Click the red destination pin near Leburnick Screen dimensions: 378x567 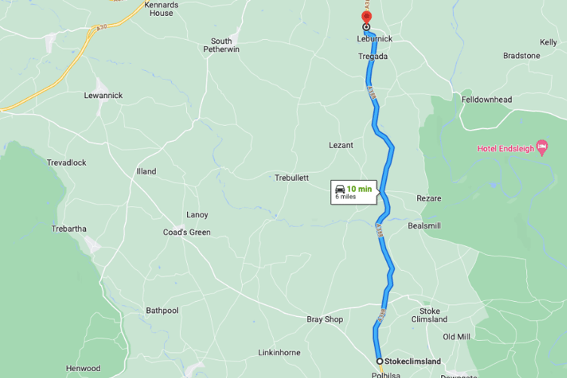[x=366, y=17]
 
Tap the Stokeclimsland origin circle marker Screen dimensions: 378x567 [x=379, y=361]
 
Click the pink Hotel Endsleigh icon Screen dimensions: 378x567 [x=541, y=146]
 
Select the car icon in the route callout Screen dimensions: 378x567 [x=340, y=189]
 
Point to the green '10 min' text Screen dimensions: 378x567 [x=359, y=189]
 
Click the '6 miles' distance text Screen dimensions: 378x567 [x=346, y=197]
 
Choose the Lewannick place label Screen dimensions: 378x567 [x=103, y=96]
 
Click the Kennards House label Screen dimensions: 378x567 [x=161, y=9]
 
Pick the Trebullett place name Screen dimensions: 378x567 [x=292, y=178]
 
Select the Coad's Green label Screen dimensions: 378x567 [x=187, y=232]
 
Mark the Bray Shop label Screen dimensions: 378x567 [x=325, y=320]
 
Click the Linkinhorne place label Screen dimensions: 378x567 [x=279, y=352]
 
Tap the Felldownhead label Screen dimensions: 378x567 [x=486, y=100]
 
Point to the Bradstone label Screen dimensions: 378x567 [x=522, y=56]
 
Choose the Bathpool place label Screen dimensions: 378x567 [x=162, y=311]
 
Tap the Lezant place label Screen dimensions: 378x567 [x=341, y=145]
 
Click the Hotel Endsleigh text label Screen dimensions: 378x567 [x=505, y=149]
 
